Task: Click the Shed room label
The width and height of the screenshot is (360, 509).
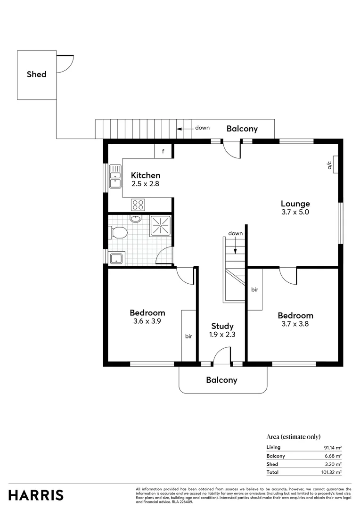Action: tap(36, 74)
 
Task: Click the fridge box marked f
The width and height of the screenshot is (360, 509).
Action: tap(163, 151)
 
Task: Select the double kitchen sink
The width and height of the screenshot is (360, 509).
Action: tap(115, 177)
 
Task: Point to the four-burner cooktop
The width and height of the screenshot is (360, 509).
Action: tap(138, 205)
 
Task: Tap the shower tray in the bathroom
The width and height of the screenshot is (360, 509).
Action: tap(161, 226)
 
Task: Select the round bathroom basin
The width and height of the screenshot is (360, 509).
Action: tap(135, 219)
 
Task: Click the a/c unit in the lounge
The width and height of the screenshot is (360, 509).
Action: tap(334, 164)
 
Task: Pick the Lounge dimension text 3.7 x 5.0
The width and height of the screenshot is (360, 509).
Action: tap(295, 212)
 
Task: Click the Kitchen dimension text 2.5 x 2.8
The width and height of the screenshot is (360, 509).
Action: tap(145, 184)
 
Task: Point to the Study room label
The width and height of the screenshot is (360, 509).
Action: tap(222, 326)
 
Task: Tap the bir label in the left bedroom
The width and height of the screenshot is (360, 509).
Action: tap(188, 336)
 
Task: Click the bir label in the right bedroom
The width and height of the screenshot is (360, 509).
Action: tap(254, 289)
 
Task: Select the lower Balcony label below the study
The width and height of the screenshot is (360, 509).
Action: tap(221, 380)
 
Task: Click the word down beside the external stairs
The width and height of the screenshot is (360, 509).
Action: tap(202, 128)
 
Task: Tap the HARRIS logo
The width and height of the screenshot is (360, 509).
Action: tap(36, 495)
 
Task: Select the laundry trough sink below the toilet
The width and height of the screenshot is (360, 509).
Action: tap(116, 258)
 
